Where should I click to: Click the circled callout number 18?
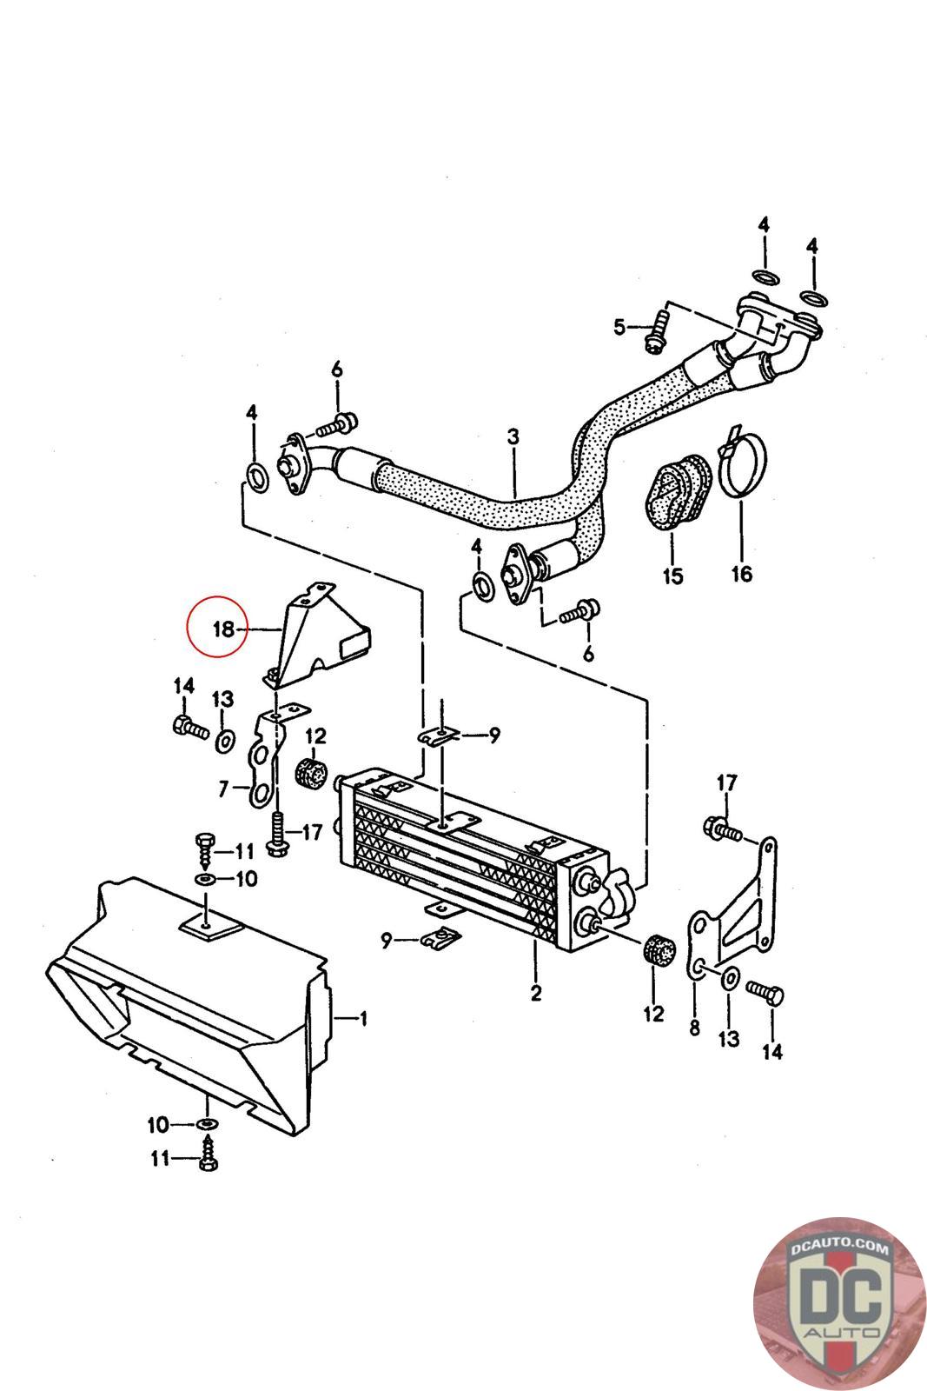point(219,628)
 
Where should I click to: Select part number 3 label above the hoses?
point(513,436)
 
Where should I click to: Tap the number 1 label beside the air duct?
point(363,1018)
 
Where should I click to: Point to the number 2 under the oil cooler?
point(536,992)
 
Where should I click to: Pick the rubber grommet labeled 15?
point(678,493)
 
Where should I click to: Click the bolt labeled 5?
point(657,330)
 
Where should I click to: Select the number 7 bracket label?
point(223,789)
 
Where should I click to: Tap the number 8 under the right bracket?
point(693,1028)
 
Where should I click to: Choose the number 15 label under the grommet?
point(672,575)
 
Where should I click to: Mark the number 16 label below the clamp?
point(741,573)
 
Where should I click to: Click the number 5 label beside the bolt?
point(619,327)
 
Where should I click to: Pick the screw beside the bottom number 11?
point(209,1160)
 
